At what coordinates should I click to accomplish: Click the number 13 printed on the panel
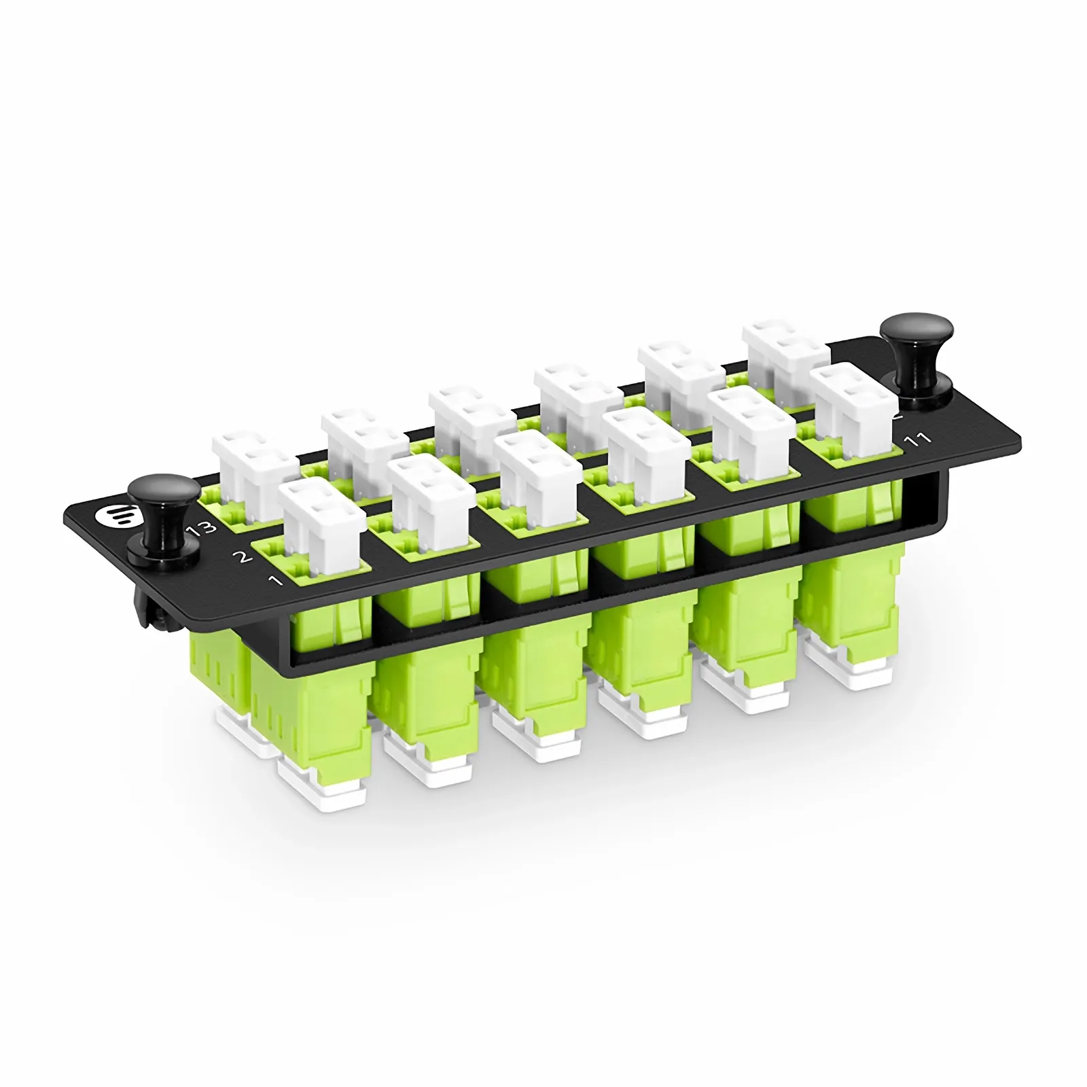205,527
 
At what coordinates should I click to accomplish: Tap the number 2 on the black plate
242,557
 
